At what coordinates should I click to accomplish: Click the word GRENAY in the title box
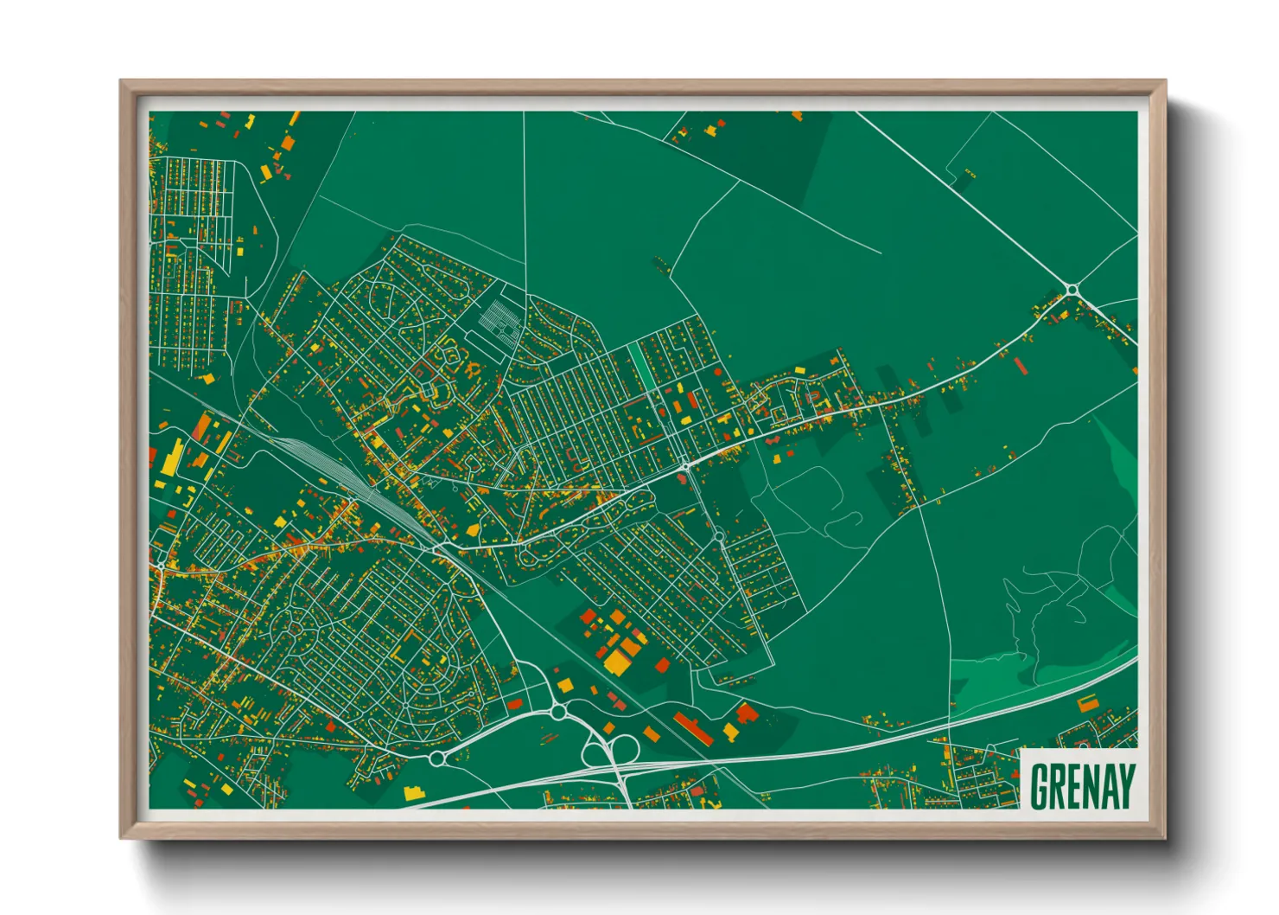1083,785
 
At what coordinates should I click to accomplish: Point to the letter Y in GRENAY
1125,785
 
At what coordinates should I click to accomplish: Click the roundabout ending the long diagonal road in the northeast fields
1072,290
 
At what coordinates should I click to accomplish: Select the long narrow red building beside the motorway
694,728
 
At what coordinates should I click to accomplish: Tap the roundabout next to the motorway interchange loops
557,712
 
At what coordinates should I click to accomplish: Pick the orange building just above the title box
1087,702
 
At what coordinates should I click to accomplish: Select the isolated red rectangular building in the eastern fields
1021,364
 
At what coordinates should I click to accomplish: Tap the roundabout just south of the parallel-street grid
719,537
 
